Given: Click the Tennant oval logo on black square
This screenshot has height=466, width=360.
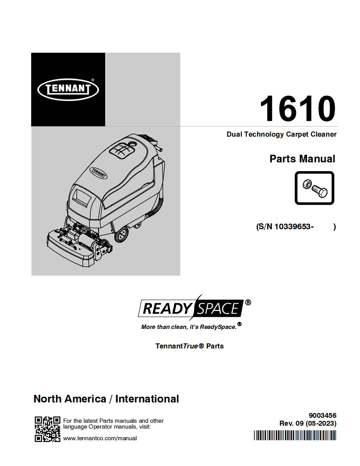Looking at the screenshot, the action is [x=68, y=89].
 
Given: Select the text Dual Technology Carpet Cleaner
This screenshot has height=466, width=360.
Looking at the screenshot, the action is [x=281, y=134].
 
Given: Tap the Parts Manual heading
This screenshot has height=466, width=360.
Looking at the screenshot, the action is [x=302, y=159].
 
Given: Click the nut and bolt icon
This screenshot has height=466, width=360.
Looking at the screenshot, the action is [x=314, y=188].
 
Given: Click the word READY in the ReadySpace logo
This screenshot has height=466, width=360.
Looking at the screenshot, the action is [x=168, y=308].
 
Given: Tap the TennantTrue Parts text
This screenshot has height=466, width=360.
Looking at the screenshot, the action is [x=190, y=346].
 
